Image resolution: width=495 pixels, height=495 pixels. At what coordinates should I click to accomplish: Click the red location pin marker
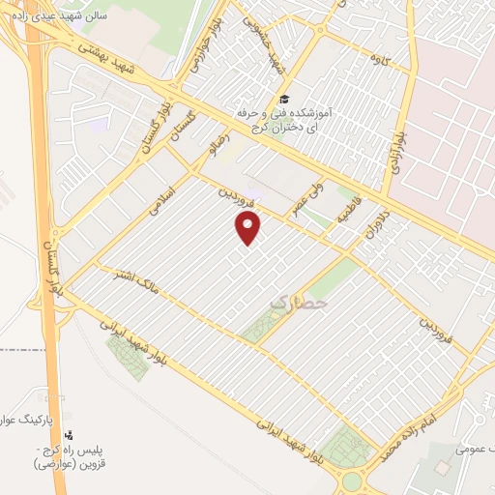[249, 228]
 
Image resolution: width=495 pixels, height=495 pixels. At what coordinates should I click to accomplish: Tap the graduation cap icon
[284, 100]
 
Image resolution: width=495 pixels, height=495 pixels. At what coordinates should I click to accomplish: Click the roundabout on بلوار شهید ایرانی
[351, 480]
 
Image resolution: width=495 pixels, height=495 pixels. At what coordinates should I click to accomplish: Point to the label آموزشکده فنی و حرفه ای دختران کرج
[284, 120]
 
